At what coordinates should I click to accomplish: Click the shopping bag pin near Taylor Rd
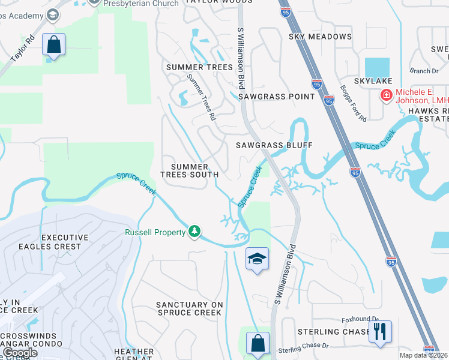(x=53, y=44)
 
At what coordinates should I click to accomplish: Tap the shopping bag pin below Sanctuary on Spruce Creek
(x=258, y=343)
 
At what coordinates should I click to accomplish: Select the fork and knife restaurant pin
(x=379, y=331)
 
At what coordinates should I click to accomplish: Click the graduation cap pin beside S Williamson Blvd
(x=258, y=259)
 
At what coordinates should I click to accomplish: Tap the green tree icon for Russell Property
(x=194, y=232)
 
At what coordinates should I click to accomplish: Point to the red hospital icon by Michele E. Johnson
(x=386, y=95)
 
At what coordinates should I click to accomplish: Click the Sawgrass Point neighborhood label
(x=276, y=96)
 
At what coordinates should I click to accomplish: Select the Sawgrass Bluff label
(x=274, y=145)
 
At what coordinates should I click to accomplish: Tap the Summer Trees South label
(x=190, y=170)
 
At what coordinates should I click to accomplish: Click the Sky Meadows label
(x=320, y=37)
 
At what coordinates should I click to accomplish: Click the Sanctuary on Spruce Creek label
(x=190, y=308)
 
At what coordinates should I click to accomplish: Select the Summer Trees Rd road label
(x=200, y=97)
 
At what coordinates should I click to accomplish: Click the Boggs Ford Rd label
(x=353, y=103)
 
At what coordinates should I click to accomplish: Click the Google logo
(x=19, y=353)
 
